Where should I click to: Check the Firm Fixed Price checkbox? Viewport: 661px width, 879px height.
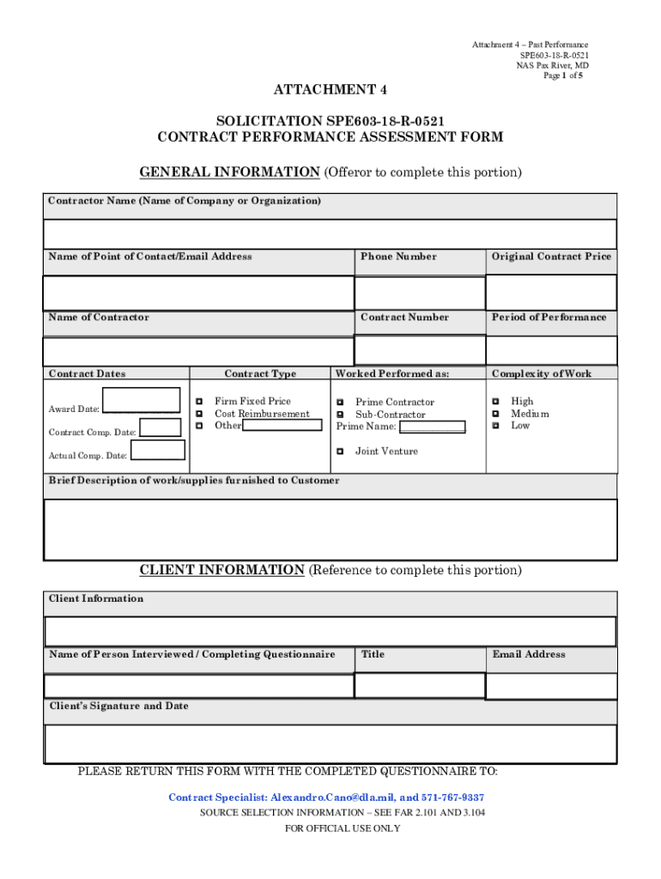(198, 401)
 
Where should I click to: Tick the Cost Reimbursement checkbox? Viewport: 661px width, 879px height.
(198, 414)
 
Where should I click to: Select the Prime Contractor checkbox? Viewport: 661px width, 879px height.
(340, 402)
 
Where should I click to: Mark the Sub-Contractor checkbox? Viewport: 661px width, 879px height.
(340, 415)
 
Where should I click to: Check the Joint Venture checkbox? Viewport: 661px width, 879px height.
(340, 451)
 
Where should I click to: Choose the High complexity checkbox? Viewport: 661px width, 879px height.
(494, 401)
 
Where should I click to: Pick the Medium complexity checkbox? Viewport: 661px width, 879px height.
(494, 414)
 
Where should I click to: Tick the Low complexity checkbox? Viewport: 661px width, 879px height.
(494, 426)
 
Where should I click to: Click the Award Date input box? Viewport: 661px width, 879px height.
(141, 401)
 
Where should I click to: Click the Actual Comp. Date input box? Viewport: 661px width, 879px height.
(157, 450)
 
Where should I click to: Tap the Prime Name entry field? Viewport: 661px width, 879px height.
(433, 427)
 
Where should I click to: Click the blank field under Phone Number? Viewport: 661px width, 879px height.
(419, 293)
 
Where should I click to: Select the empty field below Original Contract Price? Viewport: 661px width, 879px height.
(551, 292)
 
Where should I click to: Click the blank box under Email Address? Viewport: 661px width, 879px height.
(551, 686)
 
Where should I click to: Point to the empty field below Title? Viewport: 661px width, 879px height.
(419, 686)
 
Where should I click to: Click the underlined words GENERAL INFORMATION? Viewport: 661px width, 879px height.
(229, 173)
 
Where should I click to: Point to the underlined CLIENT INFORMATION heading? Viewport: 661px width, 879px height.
(221, 570)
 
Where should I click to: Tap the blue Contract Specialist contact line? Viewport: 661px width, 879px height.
(326, 797)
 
